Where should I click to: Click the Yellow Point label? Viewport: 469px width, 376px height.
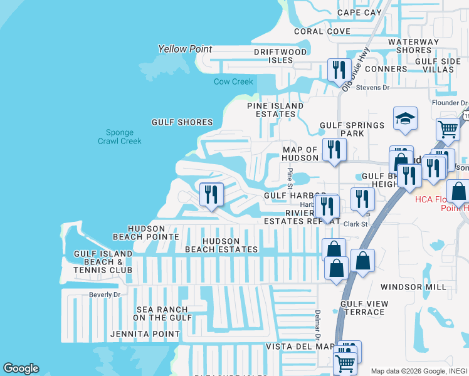pos(185,49)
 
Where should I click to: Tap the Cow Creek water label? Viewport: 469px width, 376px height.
pos(233,82)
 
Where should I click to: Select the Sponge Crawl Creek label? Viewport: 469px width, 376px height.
pos(120,137)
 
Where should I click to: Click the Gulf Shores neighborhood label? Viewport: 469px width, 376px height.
pos(182,122)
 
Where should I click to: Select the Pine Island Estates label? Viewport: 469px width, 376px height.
pos(275,110)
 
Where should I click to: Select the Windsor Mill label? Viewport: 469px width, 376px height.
pos(413,287)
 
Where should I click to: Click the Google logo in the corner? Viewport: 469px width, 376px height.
pos(21,368)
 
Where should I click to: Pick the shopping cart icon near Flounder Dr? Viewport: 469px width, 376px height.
pos(448,129)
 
